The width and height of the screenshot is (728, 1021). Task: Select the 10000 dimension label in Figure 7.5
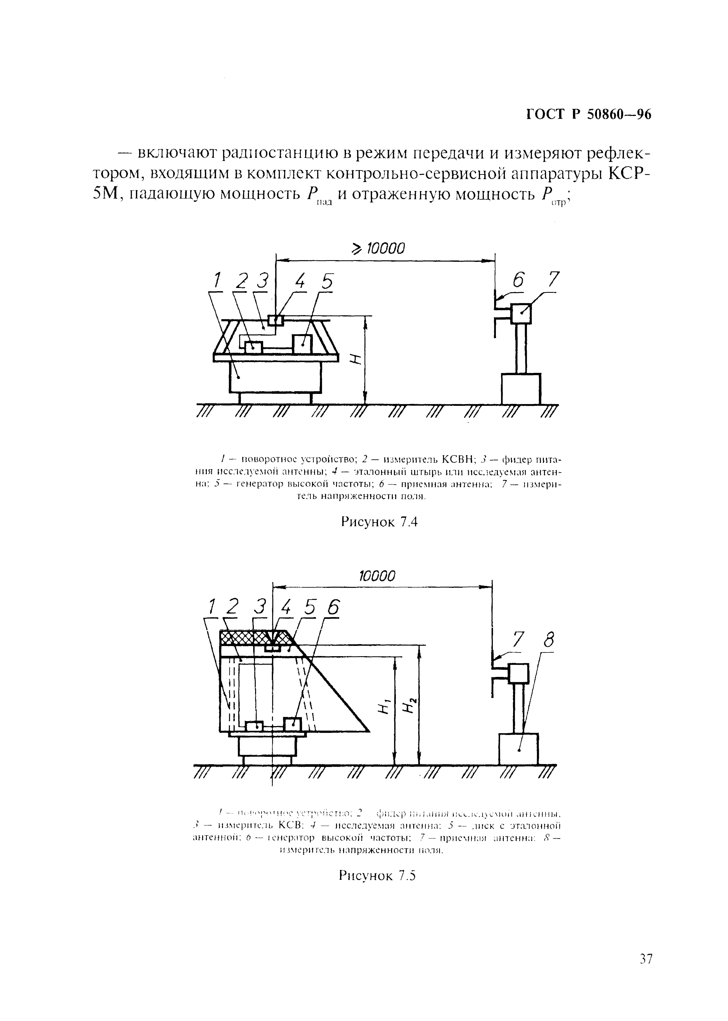378,576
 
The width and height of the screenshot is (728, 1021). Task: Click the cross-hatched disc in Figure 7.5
251,638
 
